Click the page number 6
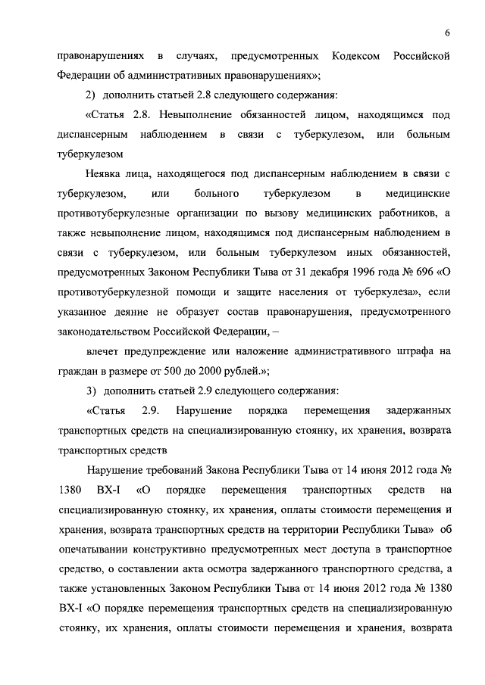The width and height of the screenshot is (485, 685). (448, 33)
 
